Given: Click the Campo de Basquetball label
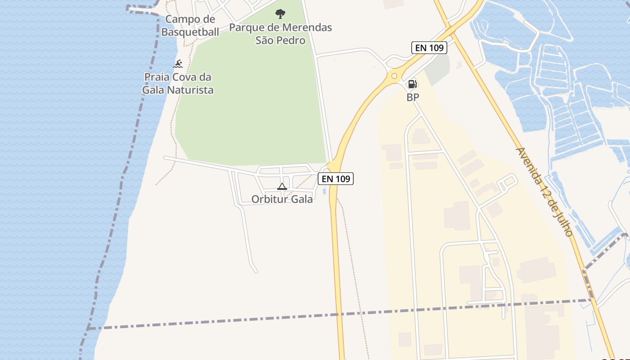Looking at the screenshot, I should pyautogui.click(x=190, y=26).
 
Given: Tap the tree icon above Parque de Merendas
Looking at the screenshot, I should pyautogui.click(x=280, y=13).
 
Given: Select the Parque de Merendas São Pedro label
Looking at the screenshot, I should pyautogui.click(x=280, y=34).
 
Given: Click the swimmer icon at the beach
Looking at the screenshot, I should pyautogui.click(x=178, y=64).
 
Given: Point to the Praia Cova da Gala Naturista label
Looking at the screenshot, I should pyautogui.click(x=178, y=83).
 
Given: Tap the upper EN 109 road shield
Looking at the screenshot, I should pyautogui.click(x=429, y=48).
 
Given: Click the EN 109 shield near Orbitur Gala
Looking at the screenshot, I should pyautogui.click(x=336, y=179).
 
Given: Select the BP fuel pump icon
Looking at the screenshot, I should pyautogui.click(x=412, y=84).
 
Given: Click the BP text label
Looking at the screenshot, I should pyautogui.click(x=413, y=97).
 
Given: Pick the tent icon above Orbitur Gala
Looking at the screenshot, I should pyautogui.click(x=282, y=186).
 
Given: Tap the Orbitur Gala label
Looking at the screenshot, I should pyautogui.click(x=282, y=199).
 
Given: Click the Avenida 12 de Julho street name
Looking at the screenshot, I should pyautogui.click(x=544, y=192).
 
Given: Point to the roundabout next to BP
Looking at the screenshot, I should pyautogui.click(x=395, y=76).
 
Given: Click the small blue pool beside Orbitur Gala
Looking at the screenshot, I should pyautogui.click(x=324, y=191).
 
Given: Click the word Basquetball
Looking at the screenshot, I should pyautogui.click(x=190, y=32).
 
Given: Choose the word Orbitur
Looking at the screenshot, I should pyautogui.click(x=267, y=199).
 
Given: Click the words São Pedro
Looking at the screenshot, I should pyautogui.click(x=280, y=40).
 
